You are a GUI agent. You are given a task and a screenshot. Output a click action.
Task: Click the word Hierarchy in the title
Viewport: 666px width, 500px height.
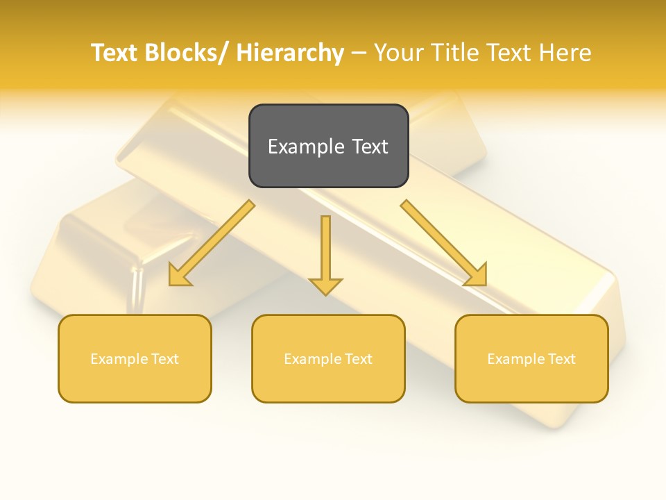click(x=290, y=53)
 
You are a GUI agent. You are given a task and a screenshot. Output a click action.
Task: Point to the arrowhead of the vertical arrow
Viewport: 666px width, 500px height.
click(x=325, y=286)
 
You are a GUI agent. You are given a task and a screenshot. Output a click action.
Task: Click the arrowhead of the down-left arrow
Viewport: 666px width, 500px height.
click(x=178, y=276)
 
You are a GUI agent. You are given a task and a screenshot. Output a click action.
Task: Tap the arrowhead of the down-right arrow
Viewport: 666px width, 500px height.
click(x=477, y=276)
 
